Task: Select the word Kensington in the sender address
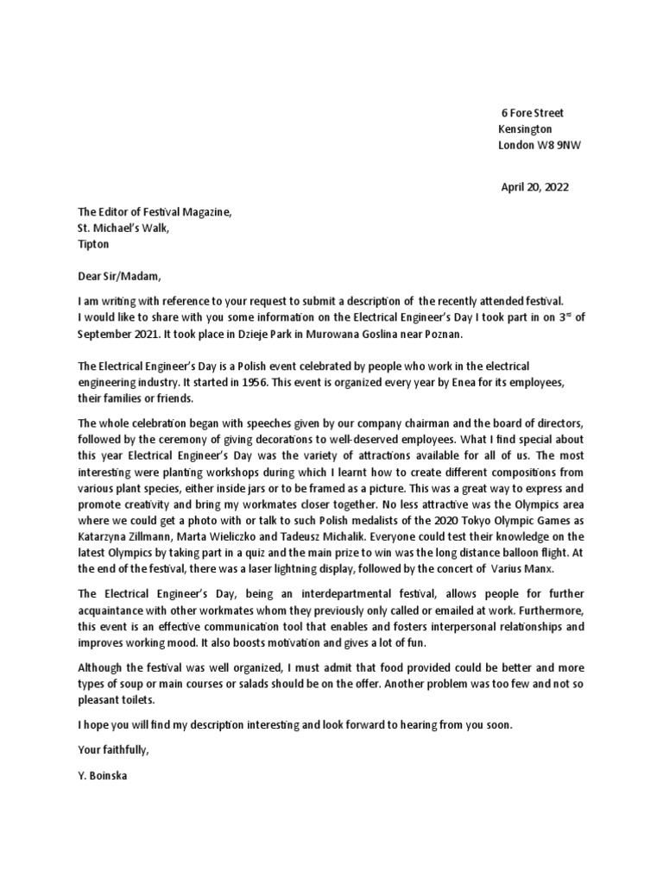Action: (x=526, y=128)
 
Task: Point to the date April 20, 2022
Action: (x=535, y=186)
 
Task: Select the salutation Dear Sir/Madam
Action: (x=119, y=277)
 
